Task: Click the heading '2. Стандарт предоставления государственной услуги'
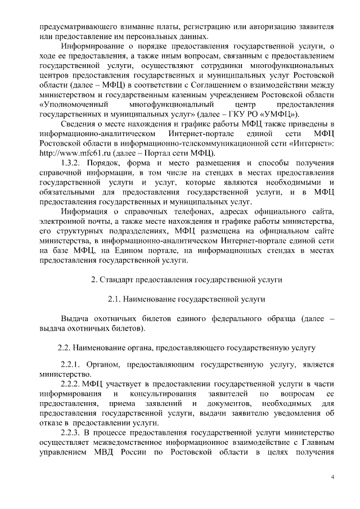[x=187, y=279]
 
